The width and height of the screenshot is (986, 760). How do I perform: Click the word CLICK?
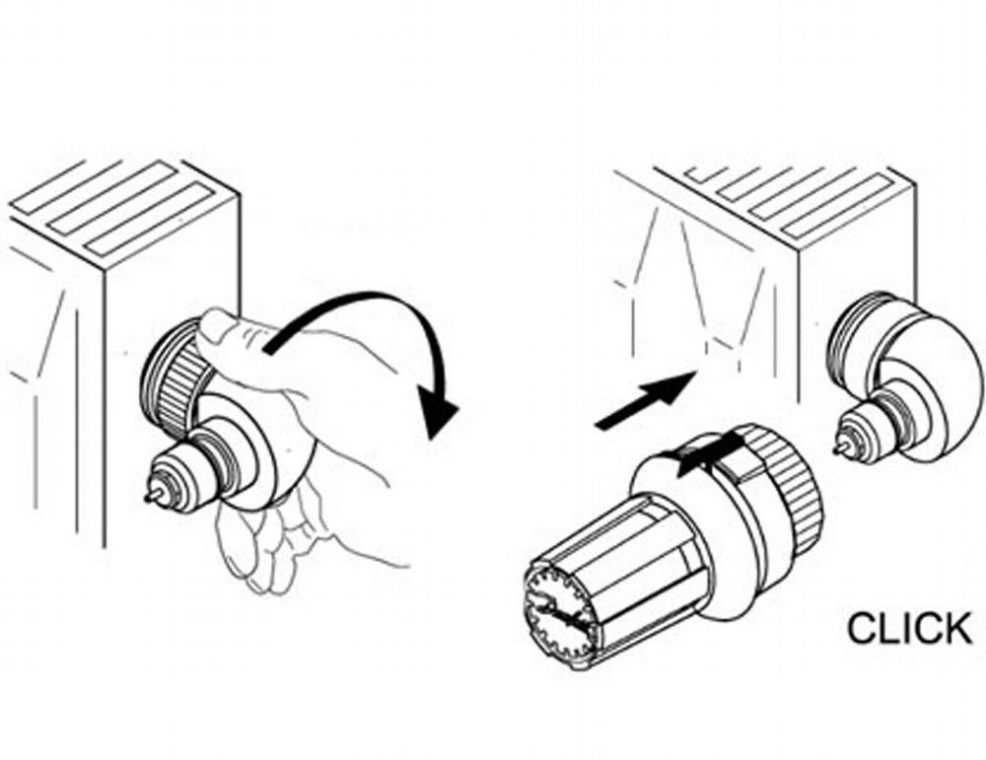(x=909, y=628)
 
